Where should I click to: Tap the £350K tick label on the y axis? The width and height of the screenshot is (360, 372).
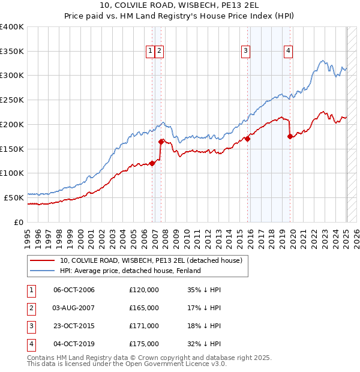click(12, 51)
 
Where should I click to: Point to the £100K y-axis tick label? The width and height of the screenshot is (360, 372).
click(12, 173)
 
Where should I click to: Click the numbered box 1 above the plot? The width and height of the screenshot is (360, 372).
click(149, 52)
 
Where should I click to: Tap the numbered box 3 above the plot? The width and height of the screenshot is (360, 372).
click(246, 52)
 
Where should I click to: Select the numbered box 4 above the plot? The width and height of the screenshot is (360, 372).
click(289, 52)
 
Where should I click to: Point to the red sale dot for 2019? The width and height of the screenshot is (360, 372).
click(290, 137)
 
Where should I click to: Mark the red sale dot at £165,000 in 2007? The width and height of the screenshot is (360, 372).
click(161, 142)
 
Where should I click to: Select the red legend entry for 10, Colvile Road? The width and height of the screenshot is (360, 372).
click(150, 260)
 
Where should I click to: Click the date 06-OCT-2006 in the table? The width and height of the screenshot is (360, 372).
click(74, 290)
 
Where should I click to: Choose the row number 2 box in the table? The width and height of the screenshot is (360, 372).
click(31, 308)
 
